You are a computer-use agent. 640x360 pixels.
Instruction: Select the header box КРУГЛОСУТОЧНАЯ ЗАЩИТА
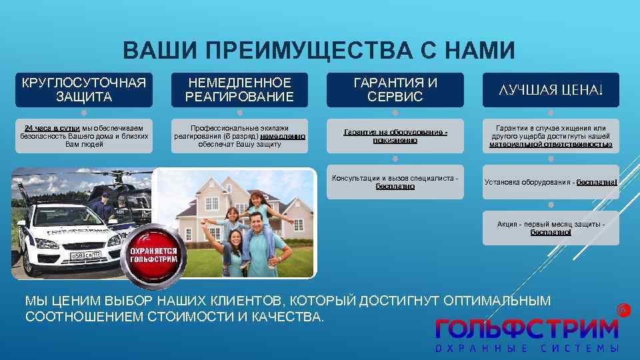point(84,90)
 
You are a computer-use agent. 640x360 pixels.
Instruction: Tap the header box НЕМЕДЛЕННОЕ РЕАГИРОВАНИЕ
point(239,90)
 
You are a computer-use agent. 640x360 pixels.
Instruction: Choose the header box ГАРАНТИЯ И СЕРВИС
point(395,90)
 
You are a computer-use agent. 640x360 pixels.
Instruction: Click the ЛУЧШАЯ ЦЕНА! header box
point(551,90)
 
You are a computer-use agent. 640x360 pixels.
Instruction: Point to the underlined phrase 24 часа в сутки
point(53,127)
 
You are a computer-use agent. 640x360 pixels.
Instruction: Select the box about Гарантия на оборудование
point(395,136)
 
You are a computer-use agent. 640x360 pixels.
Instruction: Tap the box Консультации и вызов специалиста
point(395,182)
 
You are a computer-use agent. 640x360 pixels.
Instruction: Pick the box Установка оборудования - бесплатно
point(551,182)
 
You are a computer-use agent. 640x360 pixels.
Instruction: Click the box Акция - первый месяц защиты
point(551,228)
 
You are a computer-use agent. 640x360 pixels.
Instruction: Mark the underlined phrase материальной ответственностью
point(551,144)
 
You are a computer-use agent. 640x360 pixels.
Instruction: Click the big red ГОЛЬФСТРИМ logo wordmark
point(527,329)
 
